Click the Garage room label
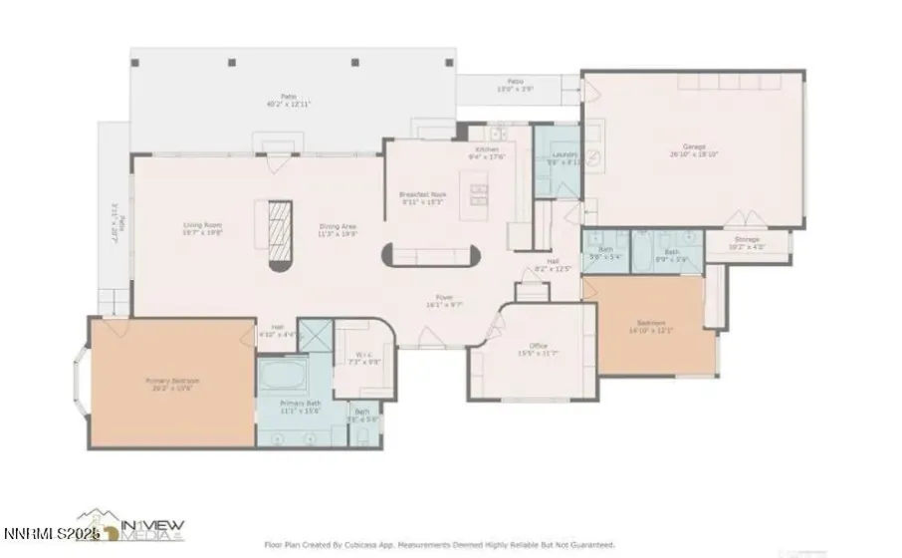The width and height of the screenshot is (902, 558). pyautogui.click(x=694, y=146)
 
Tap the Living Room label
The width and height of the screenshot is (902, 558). pyautogui.click(x=201, y=225)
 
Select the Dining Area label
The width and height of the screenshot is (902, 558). pyautogui.click(x=338, y=226)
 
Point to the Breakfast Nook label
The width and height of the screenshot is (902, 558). pyautogui.click(x=422, y=194)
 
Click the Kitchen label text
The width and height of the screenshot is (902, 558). pyautogui.click(x=488, y=150)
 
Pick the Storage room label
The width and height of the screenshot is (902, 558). pyautogui.click(x=748, y=240)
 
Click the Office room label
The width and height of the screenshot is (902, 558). pyautogui.click(x=538, y=346)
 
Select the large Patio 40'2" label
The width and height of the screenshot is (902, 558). pyautogui.click(x=268, y=98)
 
